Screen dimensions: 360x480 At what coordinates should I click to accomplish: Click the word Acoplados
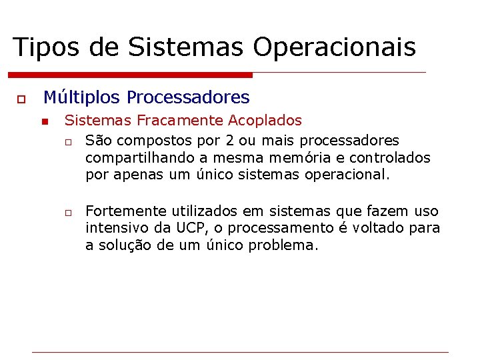pos(265,121)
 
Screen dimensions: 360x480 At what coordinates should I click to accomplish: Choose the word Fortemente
pos(126,211)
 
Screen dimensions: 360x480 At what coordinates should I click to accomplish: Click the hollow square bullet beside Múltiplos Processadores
pos(21,99)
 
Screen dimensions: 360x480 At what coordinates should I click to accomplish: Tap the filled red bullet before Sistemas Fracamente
pos(44,122)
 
